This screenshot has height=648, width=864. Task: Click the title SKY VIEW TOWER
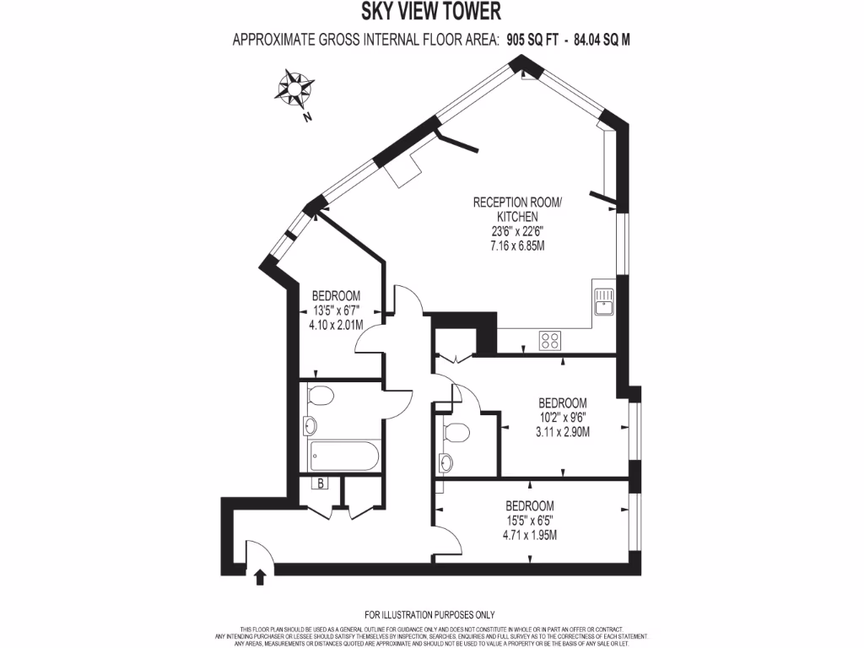coord(431,12)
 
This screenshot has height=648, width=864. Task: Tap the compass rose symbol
coord(296,87)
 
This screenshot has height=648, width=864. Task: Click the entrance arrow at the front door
coord(260,576)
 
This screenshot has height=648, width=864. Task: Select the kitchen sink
coord(604,302)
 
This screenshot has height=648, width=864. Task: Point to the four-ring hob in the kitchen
coord(550,341)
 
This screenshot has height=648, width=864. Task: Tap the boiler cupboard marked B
coord(321,483)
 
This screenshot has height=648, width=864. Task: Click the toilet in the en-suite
coord(456,433)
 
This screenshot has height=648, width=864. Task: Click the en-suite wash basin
coord(446,462)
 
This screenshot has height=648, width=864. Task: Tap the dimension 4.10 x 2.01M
coord(336,325)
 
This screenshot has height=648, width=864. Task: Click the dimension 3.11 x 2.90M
coord(562,432)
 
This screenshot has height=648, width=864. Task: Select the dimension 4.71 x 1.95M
coord(529,535)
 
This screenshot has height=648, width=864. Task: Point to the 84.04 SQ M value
coord(602,39)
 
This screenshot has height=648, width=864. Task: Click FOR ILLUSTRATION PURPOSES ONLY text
coord(429,615)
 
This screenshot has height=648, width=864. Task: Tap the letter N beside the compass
coord(308,118)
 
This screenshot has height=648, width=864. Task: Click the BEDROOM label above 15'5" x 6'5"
coord(529,505)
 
